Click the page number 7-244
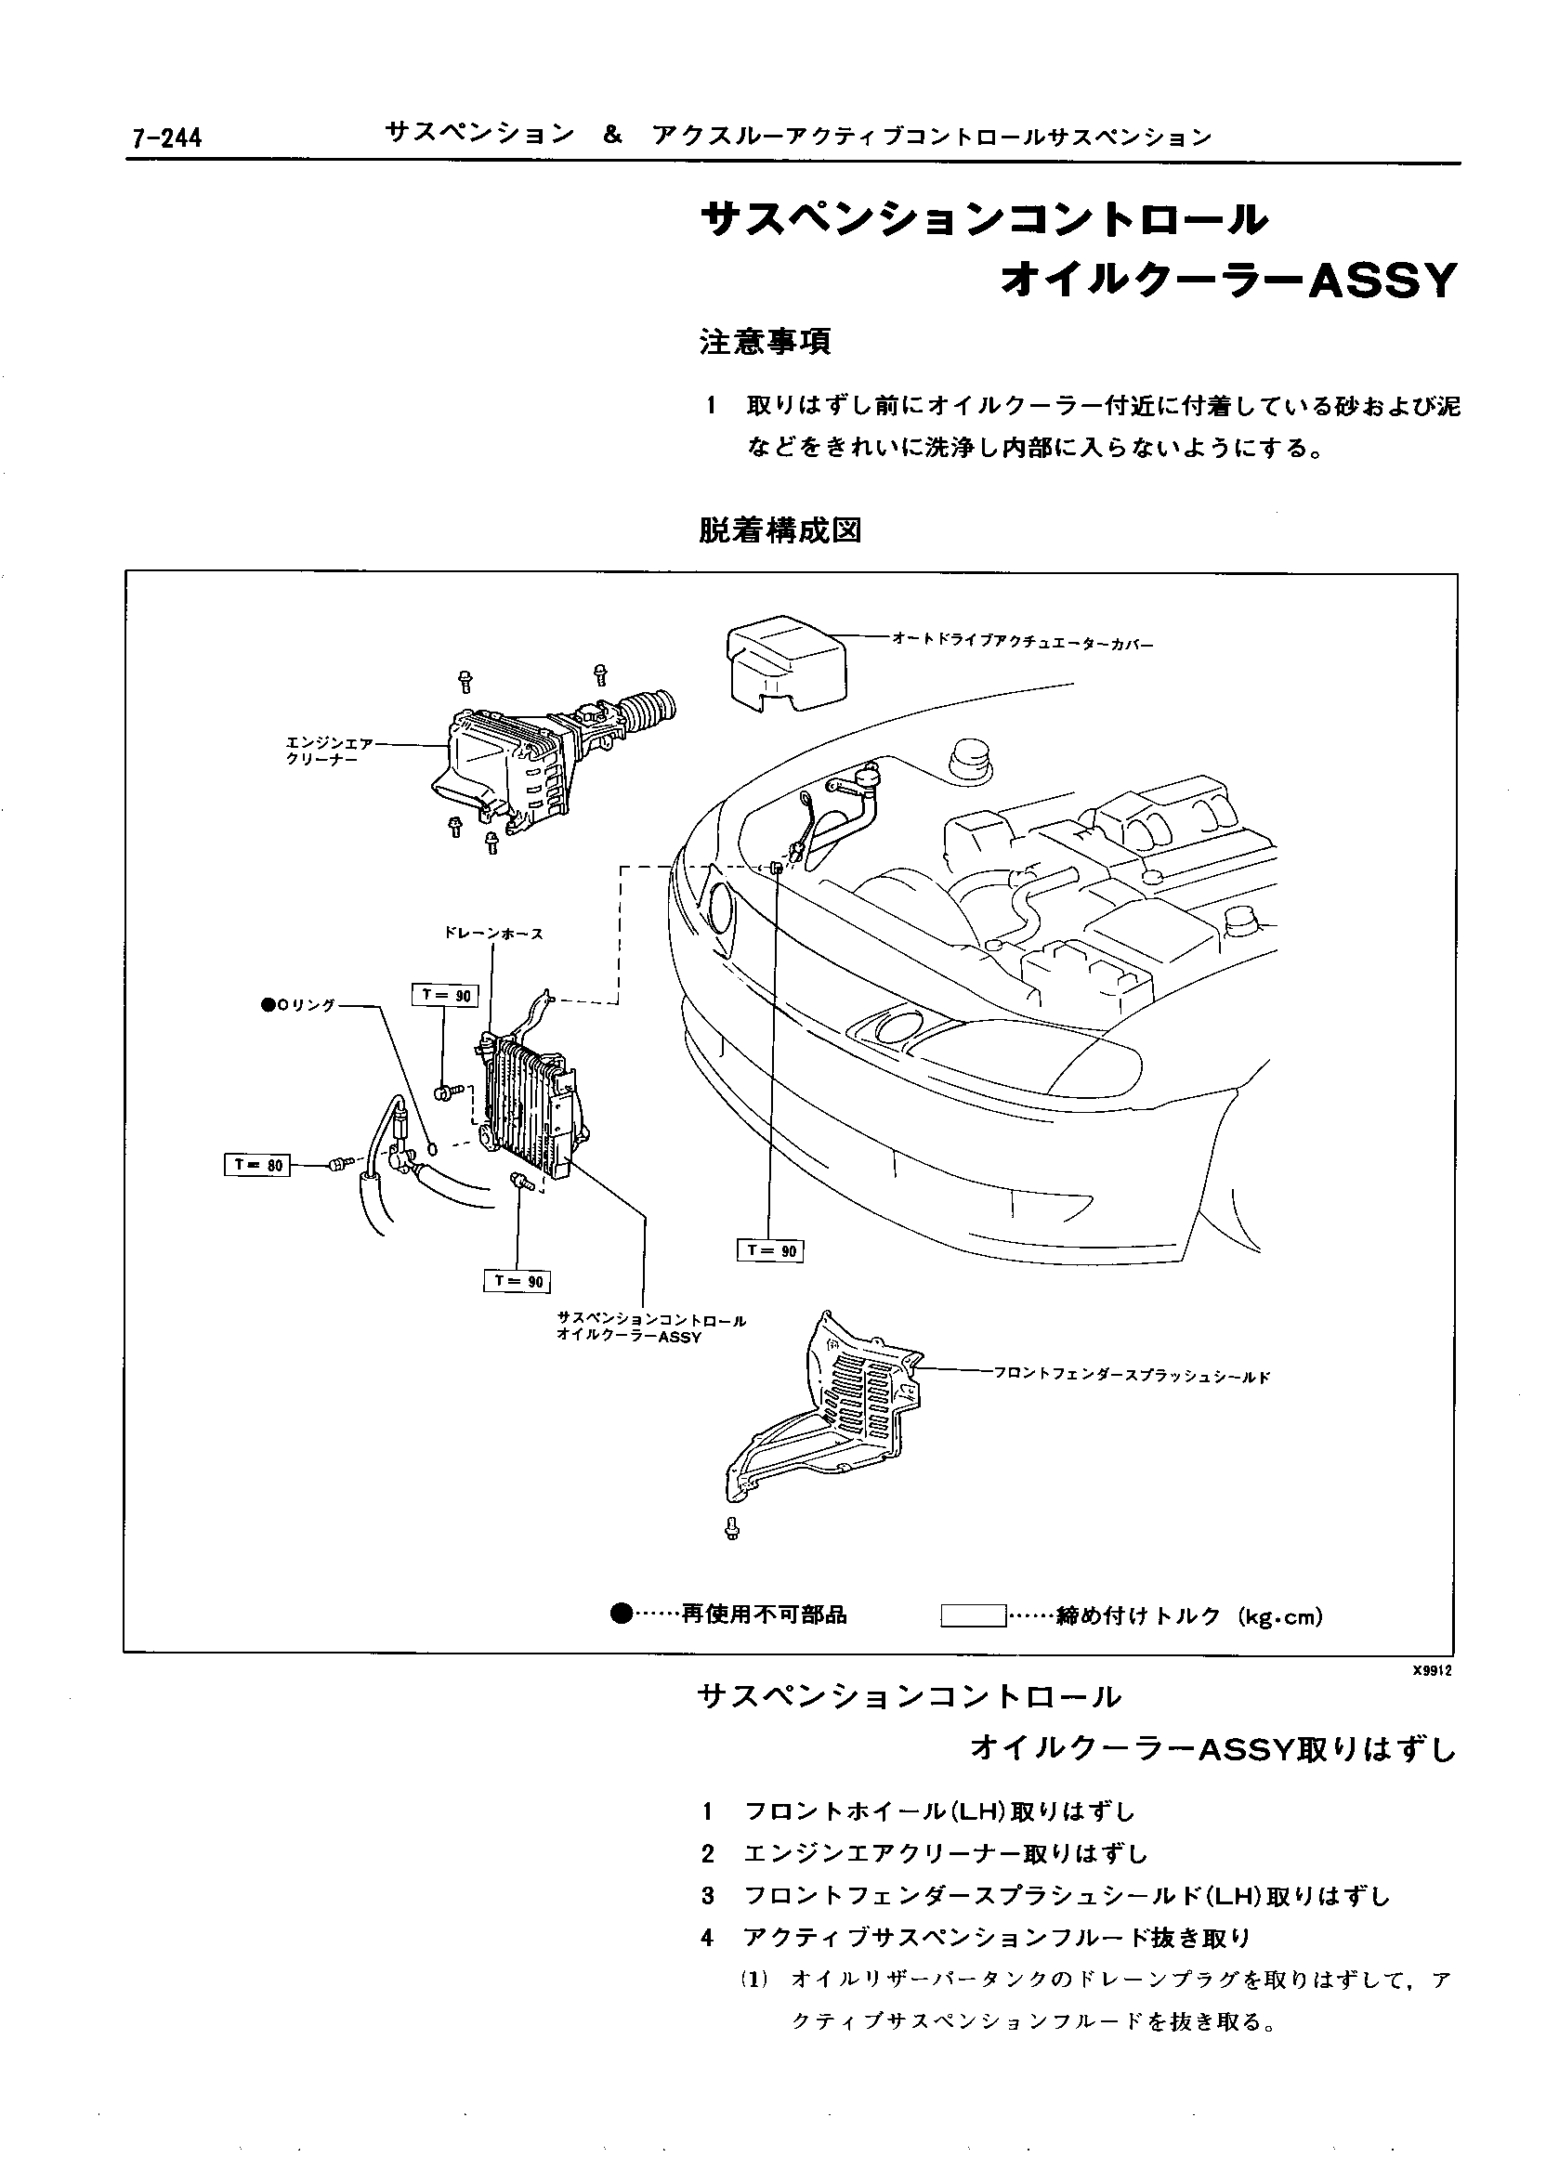[166, 139]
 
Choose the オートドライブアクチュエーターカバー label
[1021, 643]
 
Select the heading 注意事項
[766, 342]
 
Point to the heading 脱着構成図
[780, 530]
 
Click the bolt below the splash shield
[732, 1530]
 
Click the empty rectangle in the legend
[973, 1615]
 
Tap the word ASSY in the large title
[1382, 281]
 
